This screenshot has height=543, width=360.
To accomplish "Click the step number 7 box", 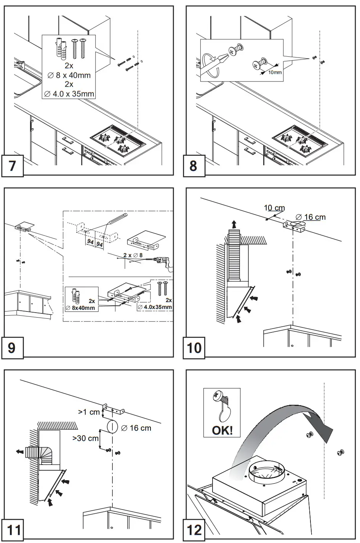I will coord(12,166).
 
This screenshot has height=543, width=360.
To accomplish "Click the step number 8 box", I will coord(194,166).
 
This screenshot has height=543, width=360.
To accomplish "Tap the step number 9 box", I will coord(12,348).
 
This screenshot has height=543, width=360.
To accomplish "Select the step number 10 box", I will coord(194,348).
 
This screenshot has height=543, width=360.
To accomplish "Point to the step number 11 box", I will coord(14,530).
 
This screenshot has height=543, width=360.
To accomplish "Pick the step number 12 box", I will coord(194,530).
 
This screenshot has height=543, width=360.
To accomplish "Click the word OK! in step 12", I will coord(222,431).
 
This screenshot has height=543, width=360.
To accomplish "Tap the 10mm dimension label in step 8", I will coord(275,72).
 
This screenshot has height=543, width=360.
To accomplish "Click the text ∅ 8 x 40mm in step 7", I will coord(69,75).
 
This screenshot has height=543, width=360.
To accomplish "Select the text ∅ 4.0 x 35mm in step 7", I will coord(69,93).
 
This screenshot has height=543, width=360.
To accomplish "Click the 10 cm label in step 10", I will coord(274,208).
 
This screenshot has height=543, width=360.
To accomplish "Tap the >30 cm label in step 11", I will coord(85,438).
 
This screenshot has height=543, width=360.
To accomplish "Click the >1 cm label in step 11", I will coord(89,412).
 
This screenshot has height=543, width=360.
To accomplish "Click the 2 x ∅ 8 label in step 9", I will coord(133,255).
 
